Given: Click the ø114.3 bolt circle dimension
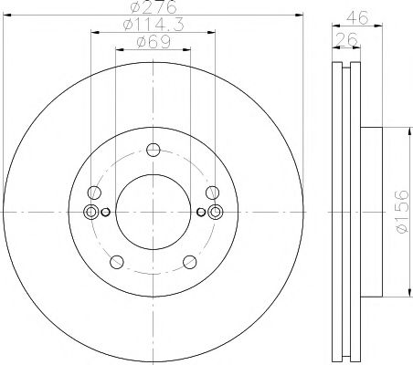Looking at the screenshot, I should coord(152,30).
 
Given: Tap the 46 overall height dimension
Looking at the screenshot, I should coord(361,15).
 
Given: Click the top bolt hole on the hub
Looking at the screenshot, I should coord(154,151).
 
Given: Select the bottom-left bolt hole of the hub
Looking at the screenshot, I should coord(117,263).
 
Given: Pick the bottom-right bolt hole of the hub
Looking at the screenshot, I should coord(189,263).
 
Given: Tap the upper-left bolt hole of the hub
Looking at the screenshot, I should coord(94,193).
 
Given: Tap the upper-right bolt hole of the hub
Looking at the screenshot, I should coord(212,193).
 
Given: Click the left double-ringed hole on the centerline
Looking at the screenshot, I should coord(90,213).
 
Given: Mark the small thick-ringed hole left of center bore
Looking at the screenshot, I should coord(105,213).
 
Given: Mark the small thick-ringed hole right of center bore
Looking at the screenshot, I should coord(201,213).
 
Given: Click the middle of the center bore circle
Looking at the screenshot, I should coord(153,213).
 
